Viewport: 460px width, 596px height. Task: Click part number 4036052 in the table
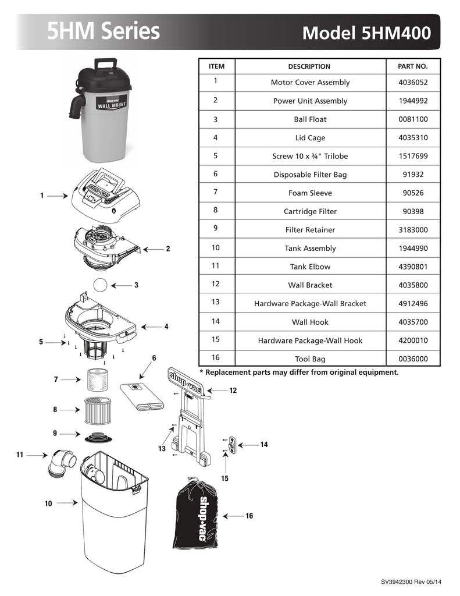(x=413, y=83)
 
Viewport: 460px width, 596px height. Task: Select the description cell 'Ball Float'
(x=310, y=119)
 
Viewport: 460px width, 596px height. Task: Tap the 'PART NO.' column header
(x=412, y=66)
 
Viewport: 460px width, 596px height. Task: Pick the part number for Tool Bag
(x=413, y=359)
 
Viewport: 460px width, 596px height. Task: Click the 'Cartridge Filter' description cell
(x=310, y=211)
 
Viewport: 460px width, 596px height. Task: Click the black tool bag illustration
(x=196, y=514)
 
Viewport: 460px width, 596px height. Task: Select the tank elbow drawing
(x=61, y=462)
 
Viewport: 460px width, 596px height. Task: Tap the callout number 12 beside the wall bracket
(x=233, y=391)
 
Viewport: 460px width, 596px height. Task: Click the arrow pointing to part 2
(x=153, y=249)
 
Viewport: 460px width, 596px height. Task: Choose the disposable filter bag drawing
(x=142, y=397)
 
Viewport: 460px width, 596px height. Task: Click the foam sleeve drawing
(x=97, y=379)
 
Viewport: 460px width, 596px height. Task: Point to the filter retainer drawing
(x=99, y=437)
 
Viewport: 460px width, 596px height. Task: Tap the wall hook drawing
(x=231, y=445)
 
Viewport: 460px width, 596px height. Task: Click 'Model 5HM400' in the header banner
(x=366, y=33)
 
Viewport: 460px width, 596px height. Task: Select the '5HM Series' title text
(x=104, y=31)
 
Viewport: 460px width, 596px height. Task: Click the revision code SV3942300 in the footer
(x=397, y=582)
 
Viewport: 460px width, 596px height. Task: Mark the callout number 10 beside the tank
(x=48, y=503)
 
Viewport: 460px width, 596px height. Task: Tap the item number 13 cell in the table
(x=215, y=302)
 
